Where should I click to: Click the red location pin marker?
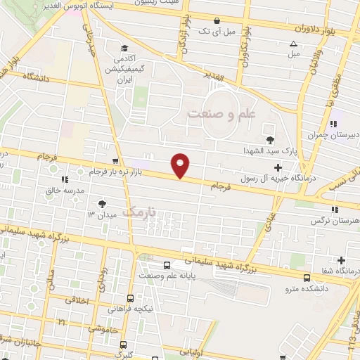(181, 165)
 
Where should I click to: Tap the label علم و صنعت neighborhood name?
(224, 112)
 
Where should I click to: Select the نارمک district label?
(138, 210)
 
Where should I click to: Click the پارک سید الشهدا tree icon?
(269, 139)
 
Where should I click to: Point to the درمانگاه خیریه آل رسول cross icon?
(278, 167)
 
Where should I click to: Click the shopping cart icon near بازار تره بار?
(115, 162)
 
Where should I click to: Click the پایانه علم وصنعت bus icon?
(167, 266)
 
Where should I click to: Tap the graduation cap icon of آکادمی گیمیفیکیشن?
(124, 49)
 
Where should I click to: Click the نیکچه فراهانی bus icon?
(132, 297)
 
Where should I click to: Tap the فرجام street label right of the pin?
(220, 185)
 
